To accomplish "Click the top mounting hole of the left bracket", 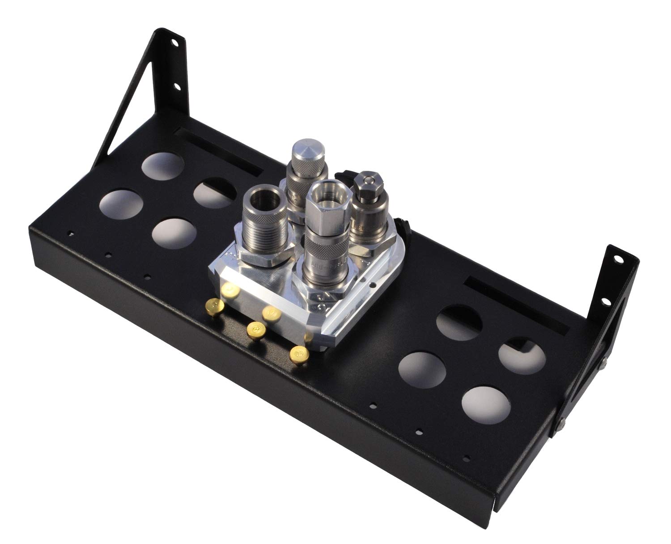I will pyautogui.click(x=173, y=43).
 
